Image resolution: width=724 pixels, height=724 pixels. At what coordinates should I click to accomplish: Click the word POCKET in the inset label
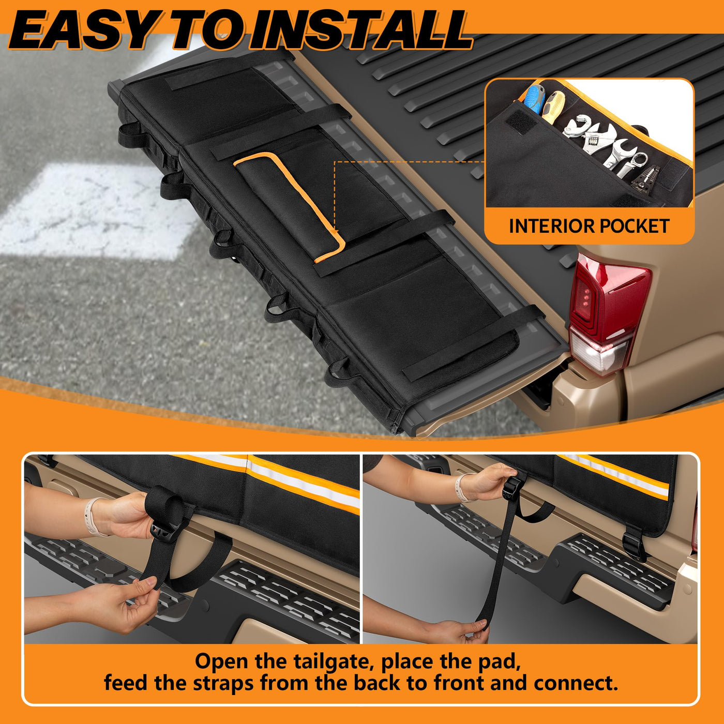pyautogui.click(x=634, y=226)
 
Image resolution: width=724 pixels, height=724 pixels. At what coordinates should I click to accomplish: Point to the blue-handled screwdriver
pyautogui.click(x=535, y=99)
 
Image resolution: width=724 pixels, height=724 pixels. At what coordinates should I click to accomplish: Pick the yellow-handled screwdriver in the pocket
pyautogui.click(x=553, y=107)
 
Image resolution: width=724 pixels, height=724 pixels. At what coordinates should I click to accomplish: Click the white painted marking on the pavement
pyautogui.click(x=94, y=211)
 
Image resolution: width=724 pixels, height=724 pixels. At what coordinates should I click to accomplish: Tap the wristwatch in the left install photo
pyautogui.click(x=92, y=516)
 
